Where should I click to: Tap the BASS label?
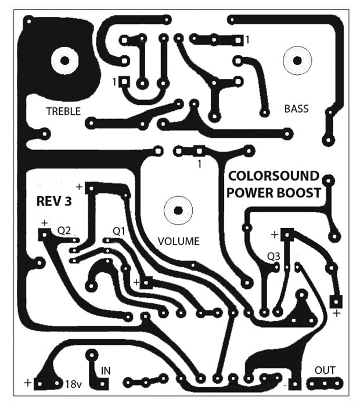[296, 109]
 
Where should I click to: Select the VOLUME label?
[178, 241]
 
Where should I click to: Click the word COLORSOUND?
[273, 176]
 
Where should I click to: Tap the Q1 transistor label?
[118, 230]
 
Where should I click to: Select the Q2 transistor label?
[64, 230]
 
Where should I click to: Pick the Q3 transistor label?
[274, 255]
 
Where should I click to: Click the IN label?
[106, 370]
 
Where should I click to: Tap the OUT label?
[325, 370]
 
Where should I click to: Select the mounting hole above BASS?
[297, 60]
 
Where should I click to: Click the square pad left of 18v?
[39, 384]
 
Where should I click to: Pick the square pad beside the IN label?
[103, 384]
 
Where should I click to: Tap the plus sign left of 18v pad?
[27, 383]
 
